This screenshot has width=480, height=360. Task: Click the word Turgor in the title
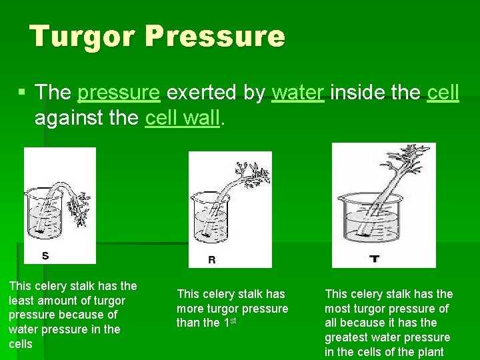83,37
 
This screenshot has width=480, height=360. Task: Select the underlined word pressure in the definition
119,93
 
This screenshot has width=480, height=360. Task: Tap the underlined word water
298,93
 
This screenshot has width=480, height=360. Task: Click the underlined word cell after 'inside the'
443,92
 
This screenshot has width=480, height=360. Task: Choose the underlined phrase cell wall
183,117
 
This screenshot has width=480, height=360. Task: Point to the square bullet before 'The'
21,91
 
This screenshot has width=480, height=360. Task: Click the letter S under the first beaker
45,255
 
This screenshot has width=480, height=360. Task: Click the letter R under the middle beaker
212,259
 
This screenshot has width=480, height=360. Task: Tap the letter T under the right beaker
375,259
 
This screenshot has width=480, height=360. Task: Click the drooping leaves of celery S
79,209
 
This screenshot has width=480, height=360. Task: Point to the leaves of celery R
253,175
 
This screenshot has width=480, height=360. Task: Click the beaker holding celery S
45,214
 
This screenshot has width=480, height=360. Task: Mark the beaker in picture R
211,218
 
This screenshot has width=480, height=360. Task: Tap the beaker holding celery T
371,218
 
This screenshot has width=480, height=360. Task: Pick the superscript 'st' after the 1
233,321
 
